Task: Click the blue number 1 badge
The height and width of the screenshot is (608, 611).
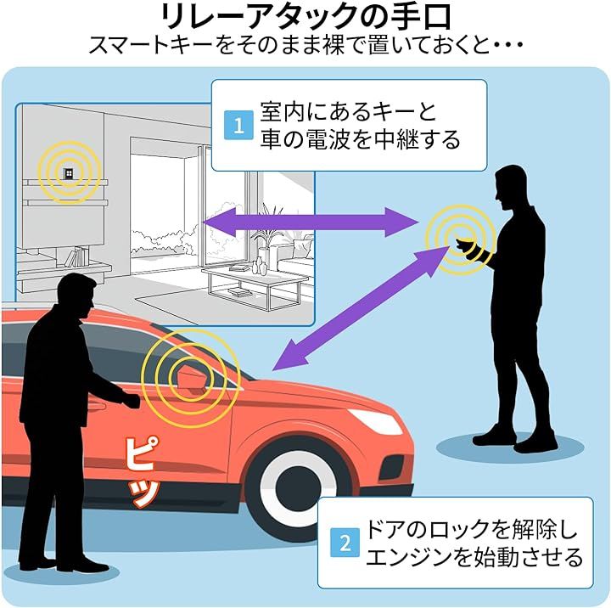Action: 238,127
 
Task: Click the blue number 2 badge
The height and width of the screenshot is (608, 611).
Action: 345,543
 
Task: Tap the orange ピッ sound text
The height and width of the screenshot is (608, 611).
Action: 142,475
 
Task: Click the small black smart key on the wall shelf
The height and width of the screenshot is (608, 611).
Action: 66,173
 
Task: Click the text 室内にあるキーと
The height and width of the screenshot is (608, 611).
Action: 349,110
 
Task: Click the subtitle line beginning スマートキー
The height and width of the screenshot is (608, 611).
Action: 305,44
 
